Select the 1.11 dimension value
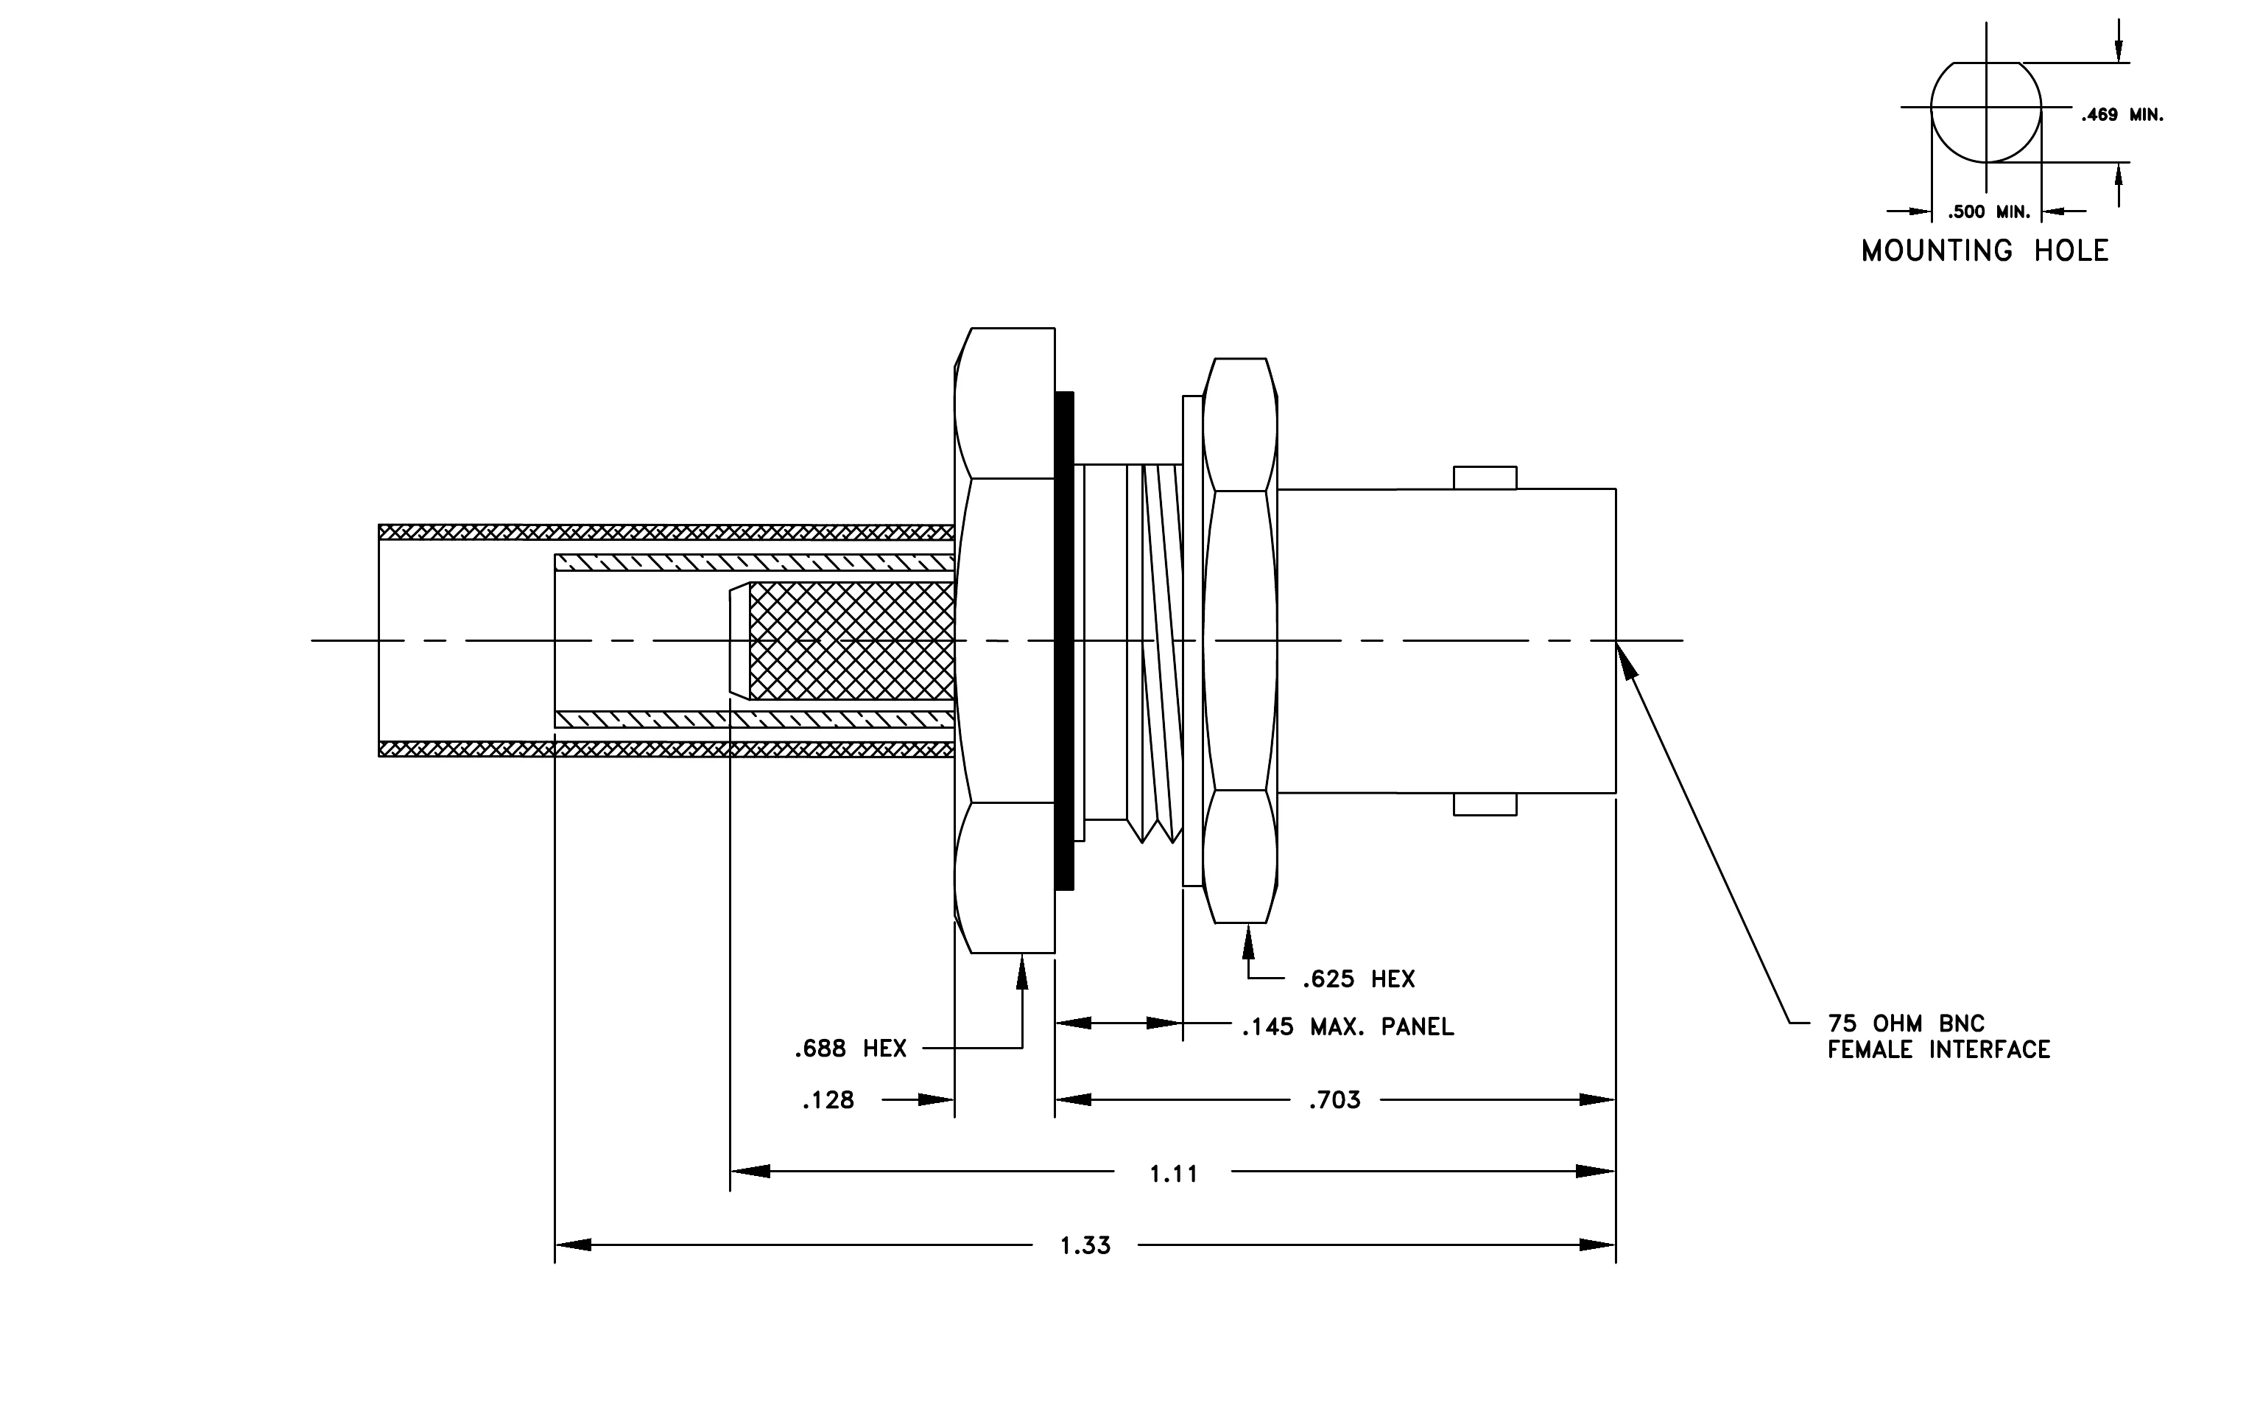point(1174,1174)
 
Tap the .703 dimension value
point(1334,1099)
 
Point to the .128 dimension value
point(828,1100)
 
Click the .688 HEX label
point(851,1049)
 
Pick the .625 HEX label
point(1358,979)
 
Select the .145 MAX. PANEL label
point(1348,1027)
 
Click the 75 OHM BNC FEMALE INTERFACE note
point(1939,1037)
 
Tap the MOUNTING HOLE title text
point(1985,251)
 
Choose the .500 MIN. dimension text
point(1988,212)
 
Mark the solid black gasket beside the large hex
point(1064,640)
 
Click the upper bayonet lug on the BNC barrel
point(1485,478)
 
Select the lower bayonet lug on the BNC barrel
point(1485,805)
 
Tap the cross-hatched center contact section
point(851,641)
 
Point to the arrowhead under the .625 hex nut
point(1248,942)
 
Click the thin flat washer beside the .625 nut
point(1192,640)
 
